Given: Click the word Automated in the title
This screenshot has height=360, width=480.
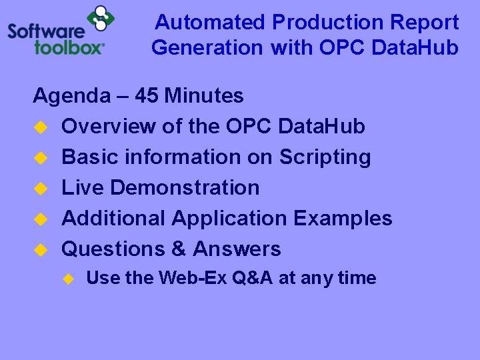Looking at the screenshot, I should point(211,23).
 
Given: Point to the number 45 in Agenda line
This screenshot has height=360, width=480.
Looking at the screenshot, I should point(146,96).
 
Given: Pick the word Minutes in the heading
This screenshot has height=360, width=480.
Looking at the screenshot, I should point(204,96).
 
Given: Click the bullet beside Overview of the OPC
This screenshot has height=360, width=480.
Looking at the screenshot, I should point(39,127).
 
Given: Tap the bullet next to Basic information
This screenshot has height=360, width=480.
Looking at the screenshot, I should point(39,157).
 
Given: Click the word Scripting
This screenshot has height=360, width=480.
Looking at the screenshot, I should point(325,157).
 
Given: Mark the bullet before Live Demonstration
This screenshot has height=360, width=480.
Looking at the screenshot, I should point(39,188).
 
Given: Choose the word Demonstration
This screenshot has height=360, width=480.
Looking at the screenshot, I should point(185,188).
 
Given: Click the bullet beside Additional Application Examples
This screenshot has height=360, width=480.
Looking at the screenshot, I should point(39,219).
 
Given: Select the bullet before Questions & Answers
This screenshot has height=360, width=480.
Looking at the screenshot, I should point(39,249).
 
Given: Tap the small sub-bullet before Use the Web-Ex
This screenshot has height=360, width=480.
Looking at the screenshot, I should point(67,279).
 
